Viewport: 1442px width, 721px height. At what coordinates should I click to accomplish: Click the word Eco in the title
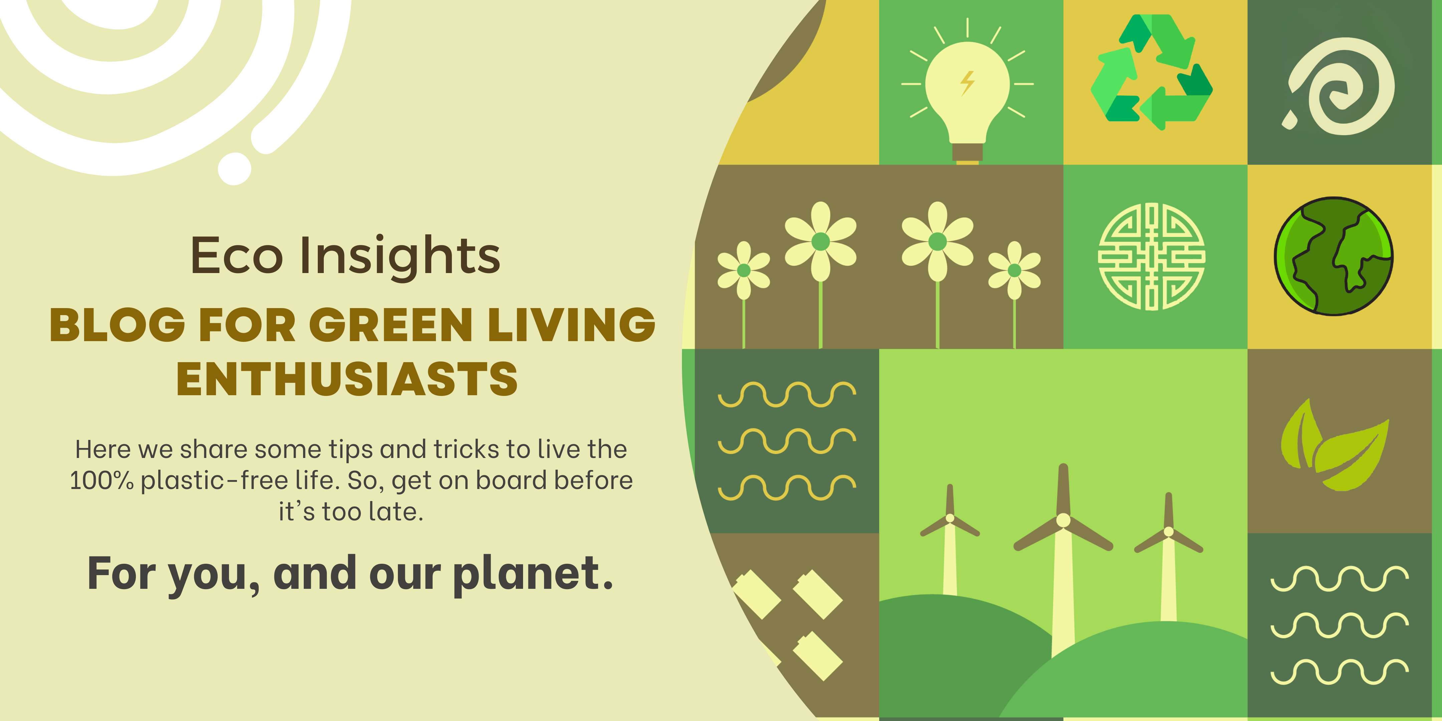click(237, 255)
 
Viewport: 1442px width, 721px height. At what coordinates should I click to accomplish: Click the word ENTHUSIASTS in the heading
click(347, 379)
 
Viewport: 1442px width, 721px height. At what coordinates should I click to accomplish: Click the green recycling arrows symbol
click(1152, 72)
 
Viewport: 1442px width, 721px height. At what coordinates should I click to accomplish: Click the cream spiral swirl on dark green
click(1344, 86)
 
